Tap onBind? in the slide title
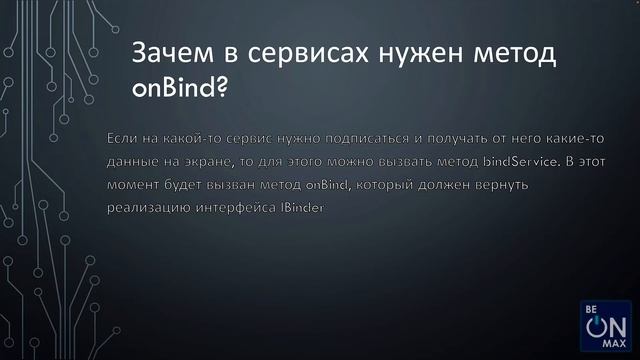tap(180, 90)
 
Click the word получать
tap(446, 136)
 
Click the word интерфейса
tap(240, 209)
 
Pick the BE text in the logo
tap(590, 308)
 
